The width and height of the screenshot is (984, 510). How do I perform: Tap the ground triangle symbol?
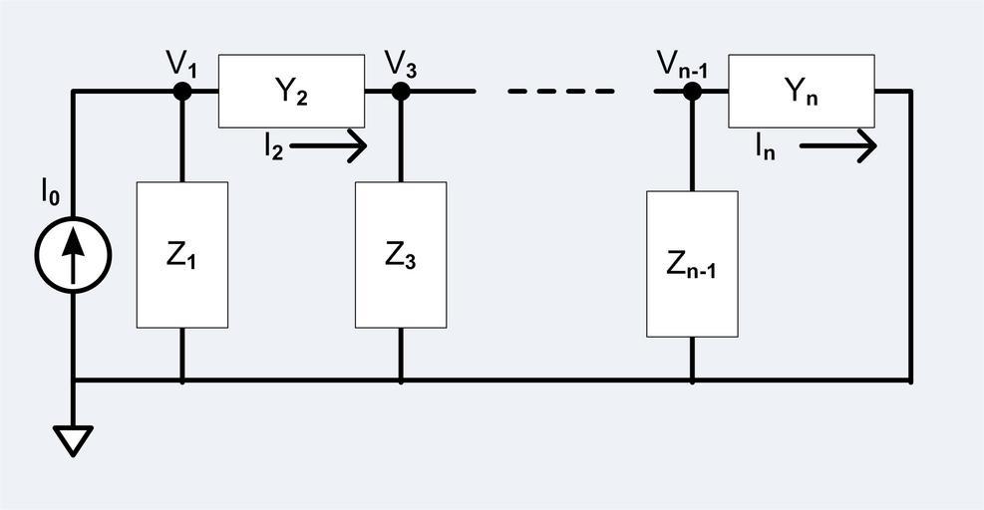pos(73,439)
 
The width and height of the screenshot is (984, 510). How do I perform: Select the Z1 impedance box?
pos(181,255)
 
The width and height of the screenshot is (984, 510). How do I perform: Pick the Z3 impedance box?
pos(401,255)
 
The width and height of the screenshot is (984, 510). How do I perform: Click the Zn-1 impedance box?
pos(692,264)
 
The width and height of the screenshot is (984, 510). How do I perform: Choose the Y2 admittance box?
pos(291,91)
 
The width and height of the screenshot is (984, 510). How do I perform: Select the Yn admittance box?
pos(802,91)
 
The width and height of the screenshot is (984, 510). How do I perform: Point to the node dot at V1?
pos(181,92)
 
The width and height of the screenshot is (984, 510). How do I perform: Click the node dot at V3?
pos(401,92)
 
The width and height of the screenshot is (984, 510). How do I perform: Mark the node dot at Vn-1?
pos(692,92)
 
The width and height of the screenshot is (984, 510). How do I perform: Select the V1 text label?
pos(181,64)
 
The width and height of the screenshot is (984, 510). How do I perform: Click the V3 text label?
pos(401,64)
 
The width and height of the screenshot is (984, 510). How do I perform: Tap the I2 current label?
pos(272,147)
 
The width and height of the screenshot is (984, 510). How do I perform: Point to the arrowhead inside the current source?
pos(72,243)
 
